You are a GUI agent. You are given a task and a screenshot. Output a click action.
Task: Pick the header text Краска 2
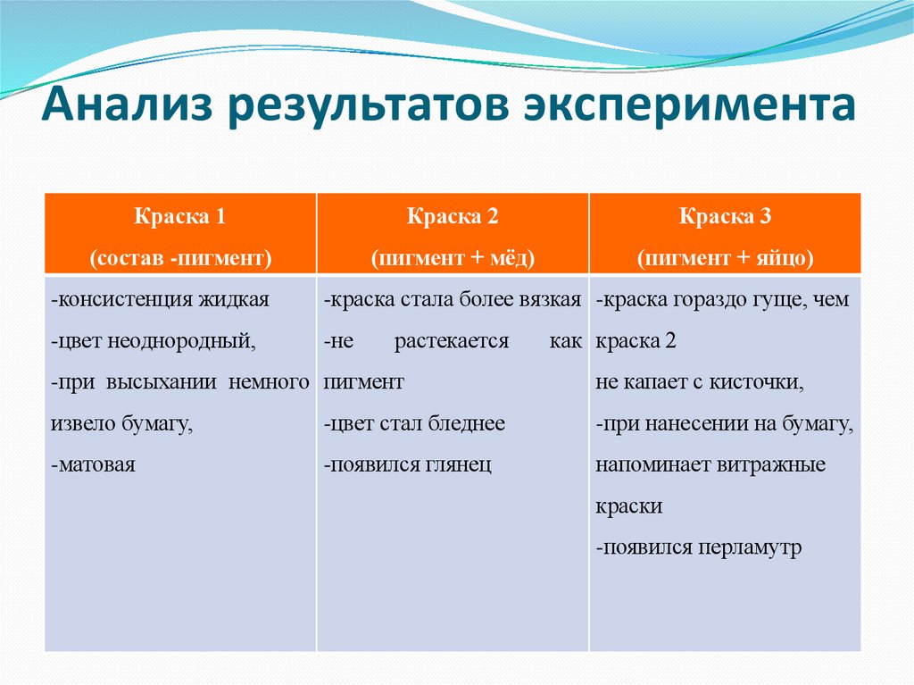tap(453, 217)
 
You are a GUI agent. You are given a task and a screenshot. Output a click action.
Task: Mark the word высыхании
tap(166, 382)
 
